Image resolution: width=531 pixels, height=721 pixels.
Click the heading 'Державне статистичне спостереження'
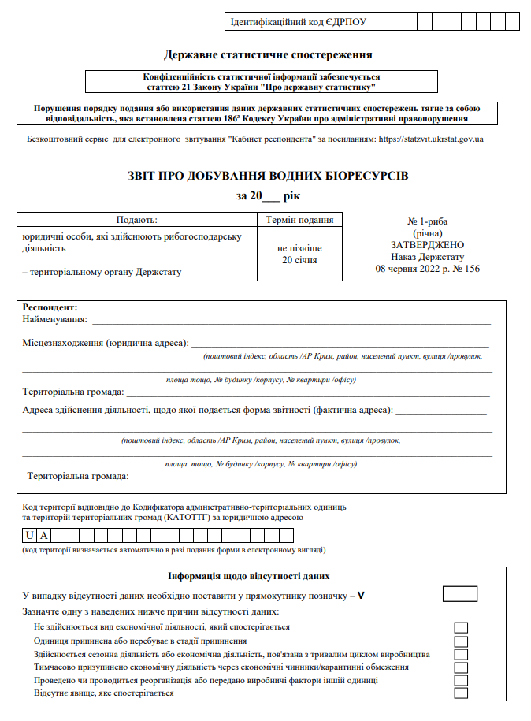click(x=268, y=55)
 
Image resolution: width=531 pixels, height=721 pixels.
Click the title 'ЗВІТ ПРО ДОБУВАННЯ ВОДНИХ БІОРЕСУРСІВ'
click(x=268, y=175)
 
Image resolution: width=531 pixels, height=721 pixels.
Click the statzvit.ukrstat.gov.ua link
click(x=431, y=139)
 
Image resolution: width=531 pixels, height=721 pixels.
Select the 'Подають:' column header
click(x=137, y=221)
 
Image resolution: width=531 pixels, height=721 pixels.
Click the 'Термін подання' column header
click(x=299, y=221)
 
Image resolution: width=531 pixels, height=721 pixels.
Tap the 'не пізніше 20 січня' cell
click(x=299, y=254)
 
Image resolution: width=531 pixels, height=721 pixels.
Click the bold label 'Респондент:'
click(x=50, y=307)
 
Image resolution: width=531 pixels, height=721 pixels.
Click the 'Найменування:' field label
click(x=55, y=319)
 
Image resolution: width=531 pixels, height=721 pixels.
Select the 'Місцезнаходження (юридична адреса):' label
click(x=106, y=344)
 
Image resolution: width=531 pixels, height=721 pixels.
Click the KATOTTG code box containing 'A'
click(x=44, y=536)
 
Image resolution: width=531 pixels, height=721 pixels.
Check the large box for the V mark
click(x=460, y=594)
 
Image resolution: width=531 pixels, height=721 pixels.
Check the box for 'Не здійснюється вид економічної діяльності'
click(x=461, y=627)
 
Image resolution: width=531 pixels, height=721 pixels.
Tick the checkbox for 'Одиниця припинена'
click(x=461, y=641)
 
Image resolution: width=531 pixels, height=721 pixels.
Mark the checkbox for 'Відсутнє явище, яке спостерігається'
click(x=461, y=693)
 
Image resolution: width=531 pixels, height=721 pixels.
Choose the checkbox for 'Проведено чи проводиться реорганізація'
click(x=461, y=680)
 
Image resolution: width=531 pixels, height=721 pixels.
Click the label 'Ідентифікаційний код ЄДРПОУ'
click(x=298, y=22)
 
